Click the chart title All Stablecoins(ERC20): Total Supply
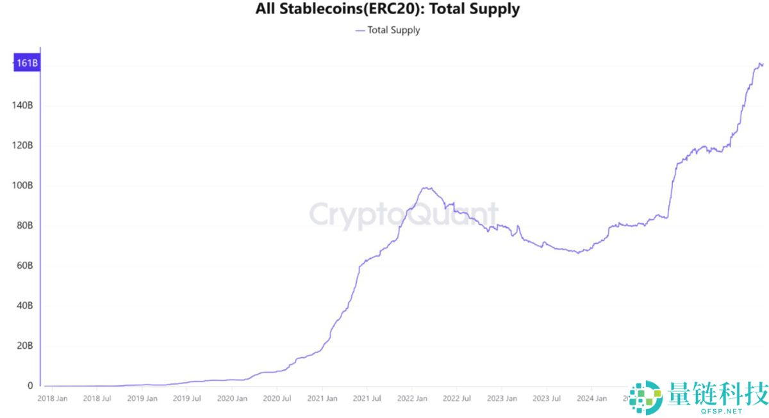pyautogui.click(x=387, y=9)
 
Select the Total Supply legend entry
pyautogui.click(x=388, y=30)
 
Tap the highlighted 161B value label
pyautogui.click(x=26, y=63)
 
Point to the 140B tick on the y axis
pyautogui.click(x=22, y=105)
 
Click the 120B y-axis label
pyautogui.click(x=22, y=145)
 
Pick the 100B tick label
pyautogui.click(x=22, y=186)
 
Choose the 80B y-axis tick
pyautogui.click(x=23, y=225)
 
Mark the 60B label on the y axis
pyautogui.click(x=23, y=266)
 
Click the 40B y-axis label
pyautogui.click(x=23, y=306)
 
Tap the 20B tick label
pyautogui.click(x=23, y=346)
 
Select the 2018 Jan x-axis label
pyautogui.click(x=53, y=398)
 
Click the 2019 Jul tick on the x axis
pyautogui.click(x=187, y=398)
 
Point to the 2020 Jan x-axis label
pyautogui.click(x=232, y=398)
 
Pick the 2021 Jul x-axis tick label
pyautogui.click(x=367, y=398)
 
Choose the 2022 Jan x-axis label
pyautogui.click(x=412, y=398)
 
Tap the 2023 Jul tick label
pyautogui.click(x=547, y=398)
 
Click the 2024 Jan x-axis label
pyautogui.click(x=592, y=398)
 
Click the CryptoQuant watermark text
pyautogui.click(x=404, y=216)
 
